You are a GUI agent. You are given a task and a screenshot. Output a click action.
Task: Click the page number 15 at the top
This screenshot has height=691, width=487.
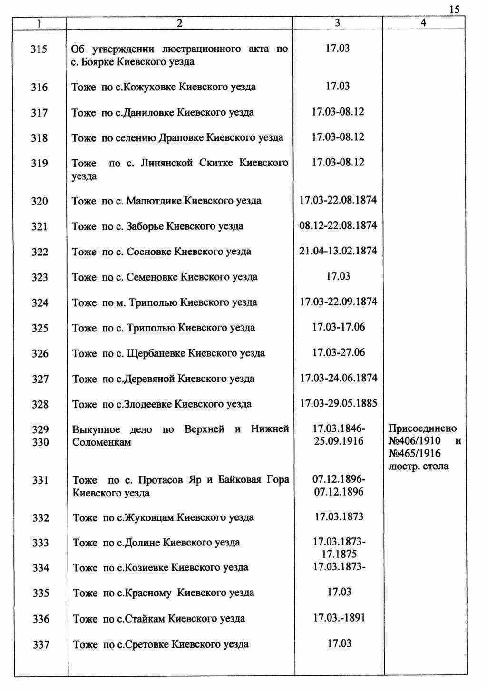point(454,10)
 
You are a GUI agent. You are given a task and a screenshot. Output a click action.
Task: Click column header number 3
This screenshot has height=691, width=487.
point(337,22)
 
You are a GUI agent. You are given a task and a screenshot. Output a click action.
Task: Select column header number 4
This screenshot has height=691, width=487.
point(424,22)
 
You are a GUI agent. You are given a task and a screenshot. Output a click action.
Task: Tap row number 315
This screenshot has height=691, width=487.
point(39,49)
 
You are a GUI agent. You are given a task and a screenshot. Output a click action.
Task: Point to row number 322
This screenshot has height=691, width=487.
point(40,252)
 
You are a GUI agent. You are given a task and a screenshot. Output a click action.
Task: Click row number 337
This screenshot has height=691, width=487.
point(41,645)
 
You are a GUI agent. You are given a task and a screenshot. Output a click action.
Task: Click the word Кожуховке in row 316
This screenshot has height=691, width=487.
point(149,87)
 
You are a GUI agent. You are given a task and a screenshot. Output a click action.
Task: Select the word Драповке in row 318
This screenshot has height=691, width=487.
point(183,138)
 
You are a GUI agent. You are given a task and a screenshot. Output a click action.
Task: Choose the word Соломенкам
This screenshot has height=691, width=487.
point(102,442)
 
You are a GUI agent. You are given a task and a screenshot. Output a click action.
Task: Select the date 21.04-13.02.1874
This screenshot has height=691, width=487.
point(338,251)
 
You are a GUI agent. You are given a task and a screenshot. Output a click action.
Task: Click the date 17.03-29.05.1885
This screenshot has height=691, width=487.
point(338,403)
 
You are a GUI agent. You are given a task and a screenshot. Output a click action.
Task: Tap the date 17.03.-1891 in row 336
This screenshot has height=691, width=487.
point(339,618)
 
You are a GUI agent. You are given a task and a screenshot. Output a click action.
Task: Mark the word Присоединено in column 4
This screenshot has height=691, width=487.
point(422,428)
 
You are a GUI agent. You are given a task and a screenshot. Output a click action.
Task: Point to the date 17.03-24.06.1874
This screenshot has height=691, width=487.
point(338,378)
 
